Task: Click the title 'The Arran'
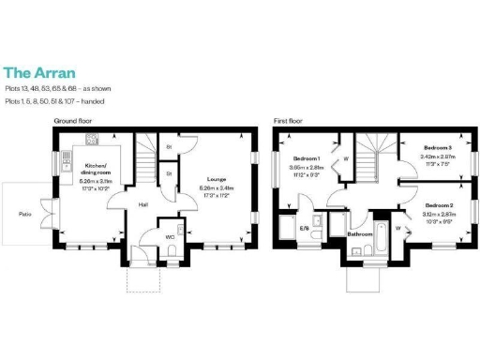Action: [39, 71]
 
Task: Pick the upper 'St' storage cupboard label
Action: [170, 148]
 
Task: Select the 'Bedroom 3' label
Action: [437, 149]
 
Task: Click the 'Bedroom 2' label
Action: [438, 204]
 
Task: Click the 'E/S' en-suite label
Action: [304, 228]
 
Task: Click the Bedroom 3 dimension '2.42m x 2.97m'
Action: [437, 157]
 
